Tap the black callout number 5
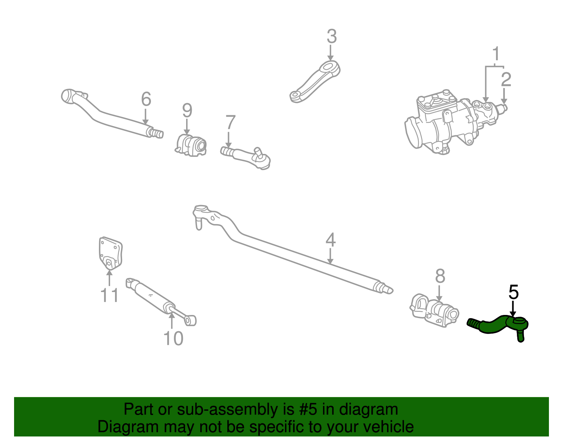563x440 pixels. point(513,292)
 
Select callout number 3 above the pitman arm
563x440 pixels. point(331,37)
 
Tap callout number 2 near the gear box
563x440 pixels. point(506,80)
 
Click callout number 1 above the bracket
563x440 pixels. point(496,54)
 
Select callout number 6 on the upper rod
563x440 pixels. point(146,99)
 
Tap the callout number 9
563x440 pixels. point(187,111)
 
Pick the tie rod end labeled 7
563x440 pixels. point(246,156)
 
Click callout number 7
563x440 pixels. point(230,123)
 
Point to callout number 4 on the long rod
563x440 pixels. point(330,240)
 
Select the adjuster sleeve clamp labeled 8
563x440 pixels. point(435,310)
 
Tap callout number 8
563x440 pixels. point(440,276)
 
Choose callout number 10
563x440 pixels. point(173,339)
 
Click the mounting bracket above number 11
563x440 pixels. point(110,253)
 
